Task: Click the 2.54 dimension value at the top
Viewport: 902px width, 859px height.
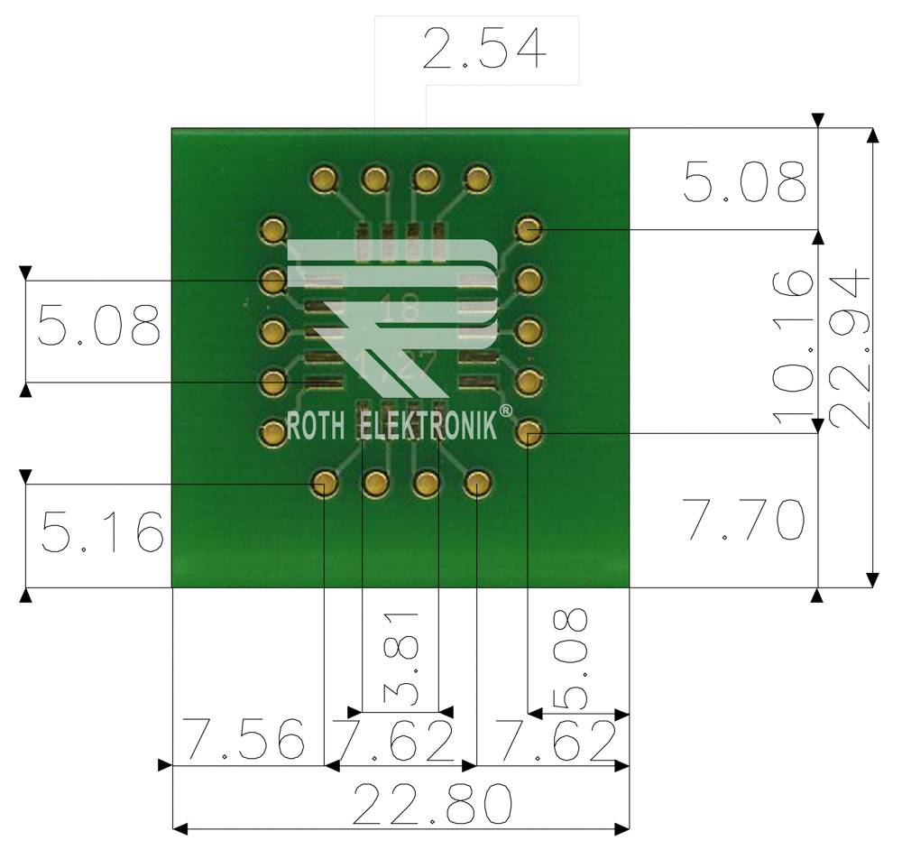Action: pyautogui.click(x=484, y=50)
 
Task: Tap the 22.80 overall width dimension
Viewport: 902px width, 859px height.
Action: pyautogui.click(x=432, y=805)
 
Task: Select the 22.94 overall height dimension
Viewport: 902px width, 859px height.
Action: pyautogui.click(x=851, y=352)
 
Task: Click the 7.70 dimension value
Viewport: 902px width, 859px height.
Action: pyautogui.click(x=744, y=521)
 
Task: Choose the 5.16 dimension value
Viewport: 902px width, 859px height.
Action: pyautogui.click(x=101, y=532)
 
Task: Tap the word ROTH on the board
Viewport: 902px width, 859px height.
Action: pyautogui.click(x=315, y=425)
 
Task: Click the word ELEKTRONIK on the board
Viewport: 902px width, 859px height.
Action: pyautogui.click(x=428, y=425)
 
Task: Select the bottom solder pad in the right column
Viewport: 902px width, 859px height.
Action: pyautogui.click(x=528, y=434)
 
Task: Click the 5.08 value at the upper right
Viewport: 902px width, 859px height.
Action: pyautogui.click(x=744, y=182)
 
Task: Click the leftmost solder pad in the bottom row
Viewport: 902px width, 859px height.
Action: pyautogui.click(x=324, y=485)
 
